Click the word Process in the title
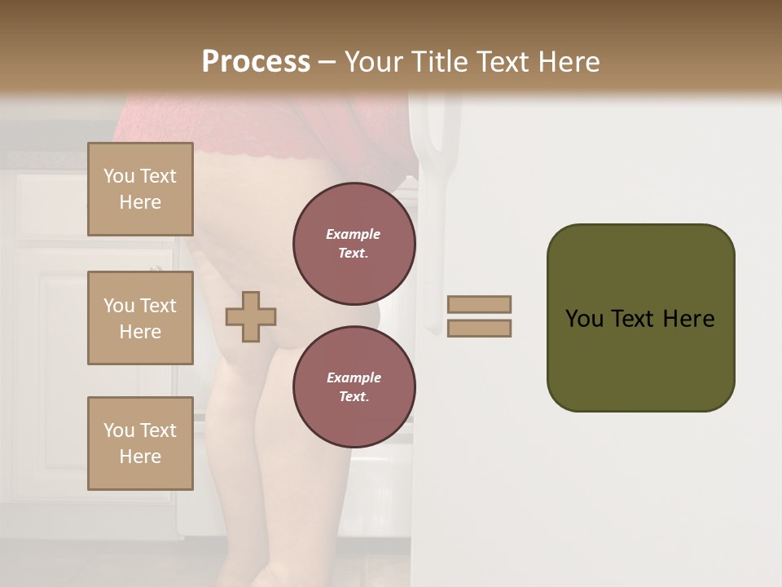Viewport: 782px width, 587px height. pyautogui.click(x=256, y=62)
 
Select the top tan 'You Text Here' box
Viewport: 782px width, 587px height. pyautogui.click(x=140, y=189)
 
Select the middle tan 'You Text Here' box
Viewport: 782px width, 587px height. pyautogui.click(x=140, y=318)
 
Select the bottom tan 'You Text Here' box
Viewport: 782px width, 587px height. pyautogui.click(x=140, y=444)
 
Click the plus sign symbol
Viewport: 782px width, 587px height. pyautogui.click(x=251, y=316)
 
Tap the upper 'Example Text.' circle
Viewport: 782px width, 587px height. pyautogui.click(x=354, y=244)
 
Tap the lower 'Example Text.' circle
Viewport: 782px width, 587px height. pyautogui.click(x=354, y=387)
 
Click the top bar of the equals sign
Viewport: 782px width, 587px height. pyautogui.click(x=479, y=304)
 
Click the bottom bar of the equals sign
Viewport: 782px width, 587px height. pyautogui.click(x=479, y=329)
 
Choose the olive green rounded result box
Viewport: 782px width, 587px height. pyautogui.click(x=640, y=359)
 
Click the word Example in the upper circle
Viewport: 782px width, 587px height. pyautogui.click(x=353, y=234)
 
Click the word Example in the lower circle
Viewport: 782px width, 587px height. pyautogui.click(x=353, y=377)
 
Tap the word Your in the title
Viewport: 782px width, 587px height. pyautogui.click(x=371, y=62)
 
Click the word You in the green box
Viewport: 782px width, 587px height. pyautogui.click(x=585, y=319)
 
